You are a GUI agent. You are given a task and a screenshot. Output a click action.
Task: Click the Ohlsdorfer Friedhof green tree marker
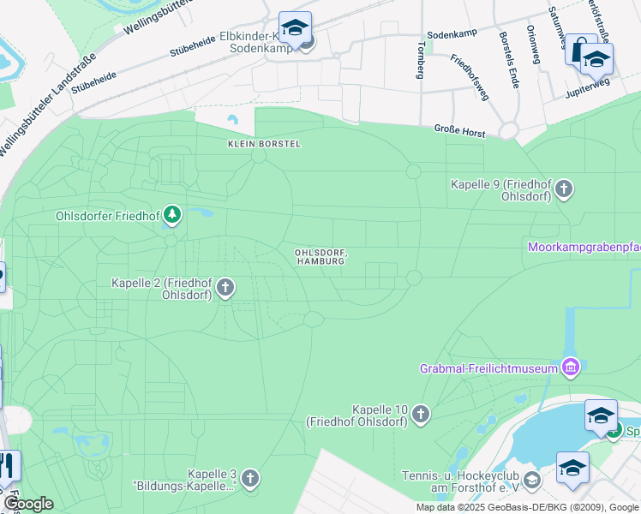[172, 213]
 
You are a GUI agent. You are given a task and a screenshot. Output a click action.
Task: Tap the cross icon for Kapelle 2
[225, 288]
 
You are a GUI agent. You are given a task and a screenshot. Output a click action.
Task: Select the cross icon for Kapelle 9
[564, 189]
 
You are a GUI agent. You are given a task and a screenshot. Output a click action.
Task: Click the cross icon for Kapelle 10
[420, 415]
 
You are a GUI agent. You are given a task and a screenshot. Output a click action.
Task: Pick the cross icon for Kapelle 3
[249, 479]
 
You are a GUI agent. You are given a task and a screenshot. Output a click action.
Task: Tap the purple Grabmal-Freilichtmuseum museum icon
[570, 368]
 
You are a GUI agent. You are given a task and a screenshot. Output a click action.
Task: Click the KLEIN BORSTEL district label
[264, 144]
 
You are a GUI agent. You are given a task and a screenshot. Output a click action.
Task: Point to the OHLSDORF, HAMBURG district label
[320, 256]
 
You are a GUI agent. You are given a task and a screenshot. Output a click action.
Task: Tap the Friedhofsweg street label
[470, 77]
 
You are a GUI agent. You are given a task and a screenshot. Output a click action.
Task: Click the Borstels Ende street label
[507, 55]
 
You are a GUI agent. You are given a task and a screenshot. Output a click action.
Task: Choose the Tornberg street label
[420, 60]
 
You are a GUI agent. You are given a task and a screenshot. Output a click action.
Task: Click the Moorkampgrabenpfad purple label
[583, 248]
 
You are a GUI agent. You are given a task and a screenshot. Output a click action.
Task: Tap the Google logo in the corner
[28, 504]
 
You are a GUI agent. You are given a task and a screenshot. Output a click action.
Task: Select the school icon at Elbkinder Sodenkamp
[295, 28]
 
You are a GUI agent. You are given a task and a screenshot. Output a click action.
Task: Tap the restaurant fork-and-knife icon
[7, 466]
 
